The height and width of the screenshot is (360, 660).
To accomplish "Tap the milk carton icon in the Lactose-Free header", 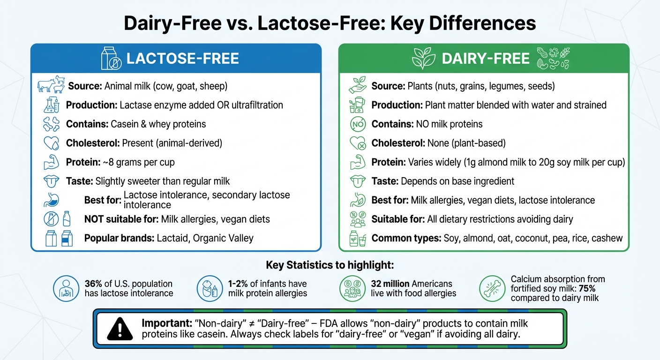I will [x=112, y=59].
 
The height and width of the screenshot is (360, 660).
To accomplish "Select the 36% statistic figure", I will [x=93, y=284].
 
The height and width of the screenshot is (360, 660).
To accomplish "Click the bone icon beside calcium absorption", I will [x=492, y=288].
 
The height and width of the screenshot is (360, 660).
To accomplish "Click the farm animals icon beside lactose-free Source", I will [x=52, y=85].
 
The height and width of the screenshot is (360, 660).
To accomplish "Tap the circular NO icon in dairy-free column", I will [x=358, y=124].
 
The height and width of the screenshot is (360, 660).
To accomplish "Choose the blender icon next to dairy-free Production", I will [x=358, y=105].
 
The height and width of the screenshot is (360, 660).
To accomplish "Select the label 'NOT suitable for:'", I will [x=121, y=219].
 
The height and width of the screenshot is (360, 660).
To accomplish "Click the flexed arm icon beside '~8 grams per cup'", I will [x=52, y=163].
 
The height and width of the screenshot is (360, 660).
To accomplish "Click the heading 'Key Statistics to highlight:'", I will [x=330, y=265].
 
